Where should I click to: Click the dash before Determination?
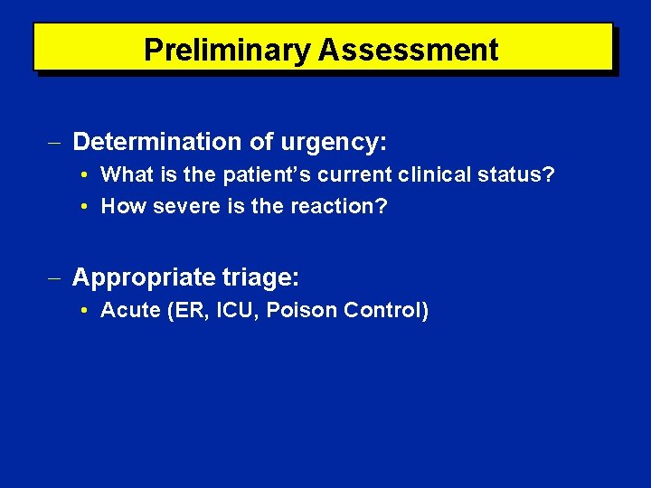coord(59,142)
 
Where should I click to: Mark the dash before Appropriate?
coord(59,276)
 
